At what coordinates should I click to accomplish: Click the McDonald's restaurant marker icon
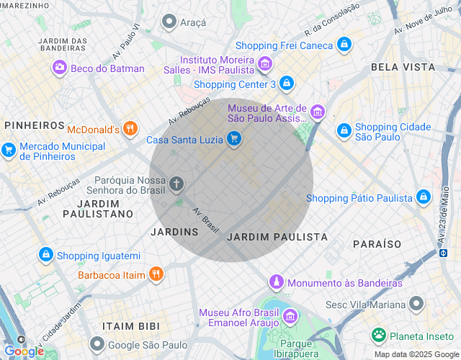pyautogui.click(x=130, y=130)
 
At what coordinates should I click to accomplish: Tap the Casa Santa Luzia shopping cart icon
pyautogui.click(x=233, y=139)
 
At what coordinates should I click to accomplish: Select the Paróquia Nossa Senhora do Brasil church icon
pyautogui.click(x=176, y=184)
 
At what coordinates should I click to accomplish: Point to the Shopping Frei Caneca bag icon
pyautogui.click(x=344, y=45)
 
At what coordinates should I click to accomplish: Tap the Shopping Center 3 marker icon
pyautogui.click(x=287, y=84)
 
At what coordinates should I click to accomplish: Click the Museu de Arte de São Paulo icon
pyautogui.click(x=318, y=112)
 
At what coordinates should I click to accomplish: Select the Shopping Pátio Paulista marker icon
pyautogui.click(x=423, y=197)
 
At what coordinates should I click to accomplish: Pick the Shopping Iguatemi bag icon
pyautogui.click(x=45, y=255)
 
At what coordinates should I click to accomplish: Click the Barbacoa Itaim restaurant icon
pyautogui.click(x=156, y=274)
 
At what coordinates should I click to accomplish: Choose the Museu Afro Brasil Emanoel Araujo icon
pyautogui.click(x=290, y=316)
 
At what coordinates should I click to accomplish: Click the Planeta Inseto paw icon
pyautogui.click(x=378, y=335)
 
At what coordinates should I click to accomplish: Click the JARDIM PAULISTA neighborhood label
pyautogui.click(x=277, y=237)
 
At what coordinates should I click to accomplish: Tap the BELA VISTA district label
pyautogui.click(x=403, y=66)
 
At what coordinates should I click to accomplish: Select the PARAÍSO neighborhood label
pyautogui.click(x=377, y=244)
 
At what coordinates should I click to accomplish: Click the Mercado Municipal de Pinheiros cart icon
pyautogui.click(x=9, y=150)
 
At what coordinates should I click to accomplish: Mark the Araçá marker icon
pyautogui.click(x=169, y=22)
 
